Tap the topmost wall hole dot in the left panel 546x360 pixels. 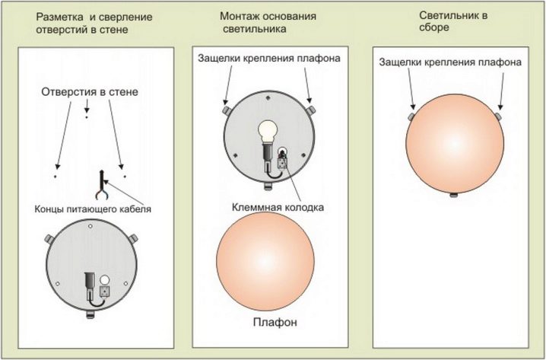pos(86,118)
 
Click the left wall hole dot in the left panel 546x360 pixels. pos(55,177)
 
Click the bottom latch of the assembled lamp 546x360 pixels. pos(453,195)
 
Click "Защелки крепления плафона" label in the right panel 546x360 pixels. pos(449,62)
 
